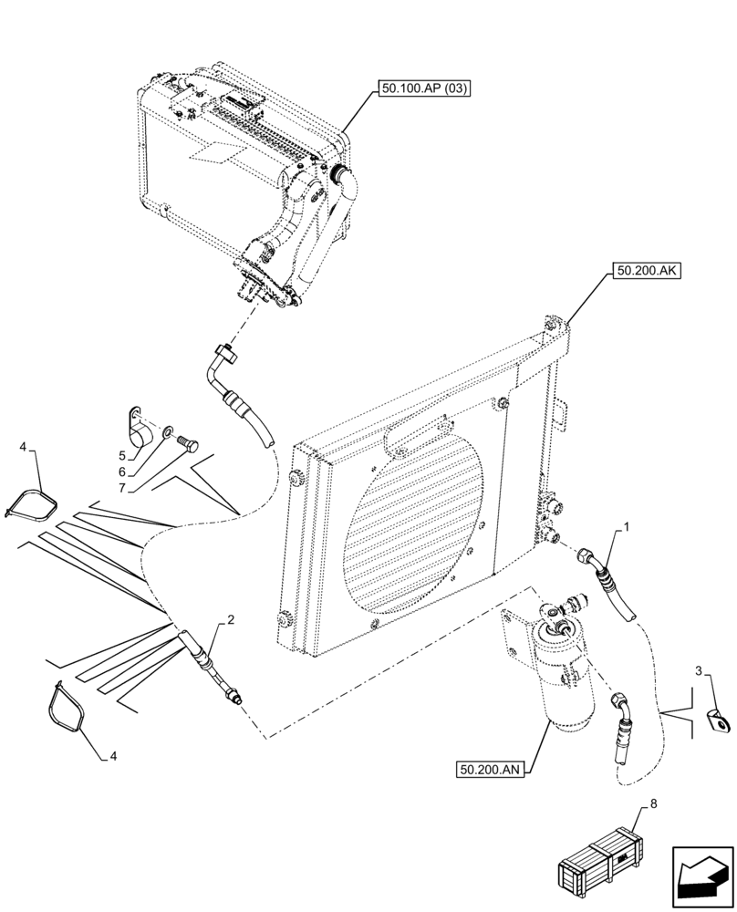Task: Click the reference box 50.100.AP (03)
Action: click(x=427, y=88)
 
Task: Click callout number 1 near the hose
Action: click(x=627, y=527)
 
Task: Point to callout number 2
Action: click(x=232, y=621)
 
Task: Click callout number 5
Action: click(x=121, y=454)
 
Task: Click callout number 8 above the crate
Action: click(x=651, y=805)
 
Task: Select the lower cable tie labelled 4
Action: click(x=67, y=706)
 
